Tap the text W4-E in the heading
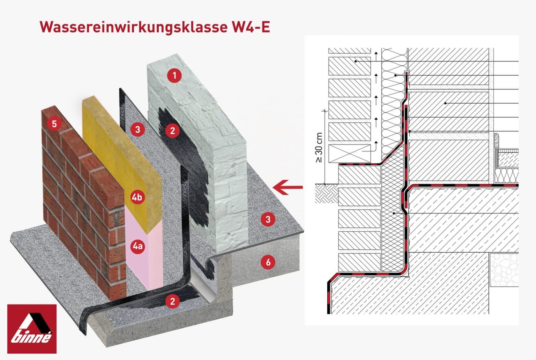tap(250, 27)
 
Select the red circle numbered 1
tap(174, 75)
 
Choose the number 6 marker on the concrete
tap(268, 262)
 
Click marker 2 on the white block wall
tap(172, 131)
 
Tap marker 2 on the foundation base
tap(172, 301)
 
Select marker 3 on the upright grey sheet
tap(137, 130)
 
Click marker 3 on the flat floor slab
tap(268, 219)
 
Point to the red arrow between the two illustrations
tap(288, 187)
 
